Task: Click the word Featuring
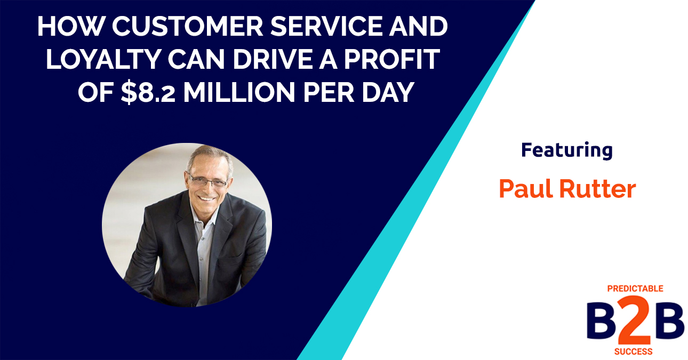566,151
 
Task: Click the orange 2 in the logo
636,323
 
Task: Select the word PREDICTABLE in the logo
635,289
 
